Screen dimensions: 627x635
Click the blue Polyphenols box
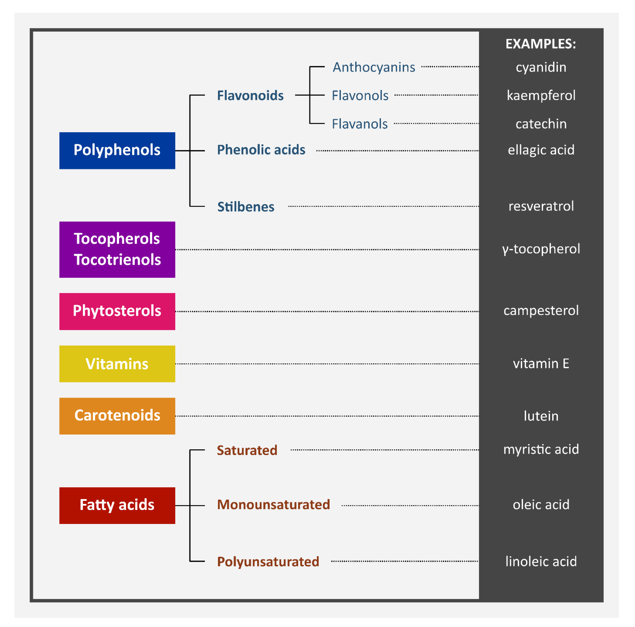pos(117,151)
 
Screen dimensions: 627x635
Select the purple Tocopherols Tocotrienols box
pos(117,250)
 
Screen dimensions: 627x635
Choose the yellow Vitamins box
pos(117,364)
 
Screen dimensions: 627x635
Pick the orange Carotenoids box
pos(117,416)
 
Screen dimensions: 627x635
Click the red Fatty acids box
pos(117,505)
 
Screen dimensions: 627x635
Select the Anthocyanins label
pos(374,67)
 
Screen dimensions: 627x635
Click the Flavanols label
pos(360,124)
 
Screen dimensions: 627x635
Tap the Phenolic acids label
pos(261,150)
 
